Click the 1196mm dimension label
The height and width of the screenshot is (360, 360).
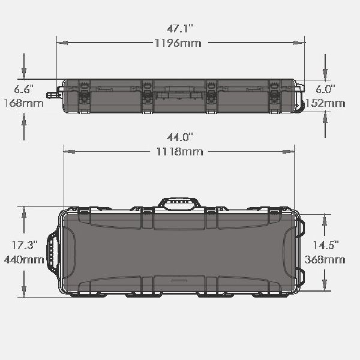pos(178,43)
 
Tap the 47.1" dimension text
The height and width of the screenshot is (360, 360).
pos(180,29)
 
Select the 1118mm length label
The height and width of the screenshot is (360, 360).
pos(180,152)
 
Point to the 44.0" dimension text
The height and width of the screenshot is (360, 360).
pos(180,137)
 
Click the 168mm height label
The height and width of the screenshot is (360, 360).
pos(23,103)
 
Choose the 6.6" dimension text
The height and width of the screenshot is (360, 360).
pos(23,89)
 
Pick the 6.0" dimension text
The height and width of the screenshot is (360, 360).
pos(325,89)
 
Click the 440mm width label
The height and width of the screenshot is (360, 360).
pos(24,260)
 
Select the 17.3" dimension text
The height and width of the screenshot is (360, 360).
pos(25,245)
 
